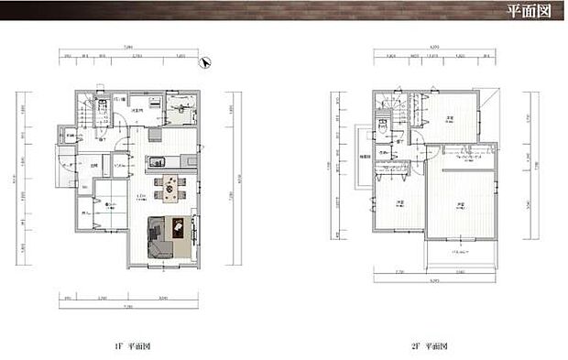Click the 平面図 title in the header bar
(x=529, y=12)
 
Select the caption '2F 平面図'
(x=429, y=347)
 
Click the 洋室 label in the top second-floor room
(x=450, y=119)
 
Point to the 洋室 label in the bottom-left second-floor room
(x=400, y=202)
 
